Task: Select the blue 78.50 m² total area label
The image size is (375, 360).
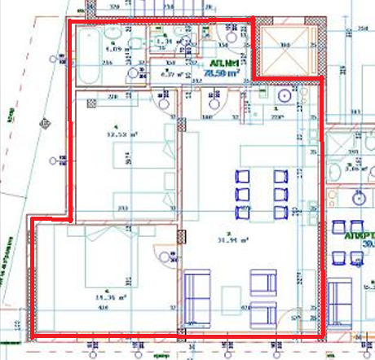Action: point(222,72)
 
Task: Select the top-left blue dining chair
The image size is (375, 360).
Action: point(242,176)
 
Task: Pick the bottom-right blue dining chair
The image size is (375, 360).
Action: point(281,213)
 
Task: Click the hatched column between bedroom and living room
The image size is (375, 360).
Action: point(180,236)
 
